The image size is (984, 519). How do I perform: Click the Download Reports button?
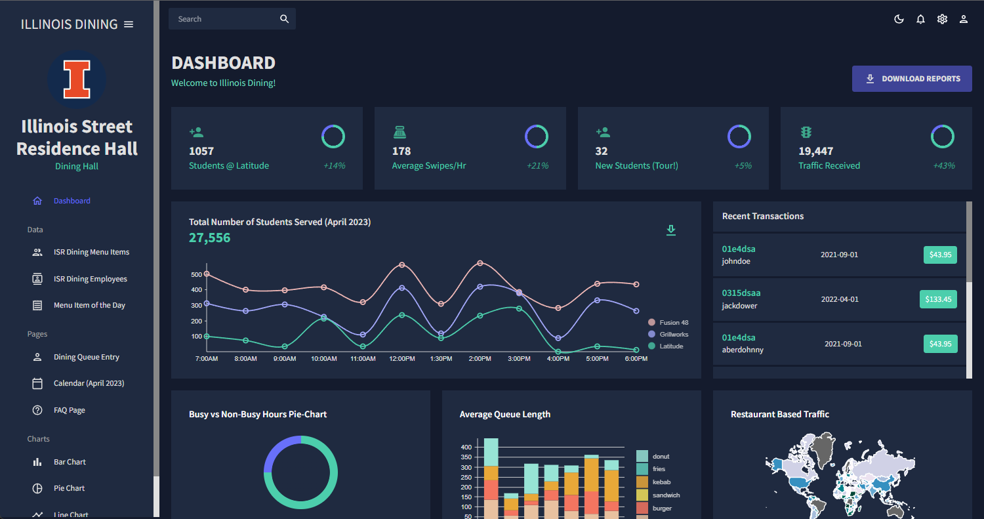(x=912, y=79)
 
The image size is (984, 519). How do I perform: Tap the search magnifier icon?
(x=284, y=19)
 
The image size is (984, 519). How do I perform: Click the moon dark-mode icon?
(x=899, y=19)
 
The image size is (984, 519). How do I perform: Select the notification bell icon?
(x=920, y=19)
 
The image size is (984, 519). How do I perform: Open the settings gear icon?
(x=942, y=19)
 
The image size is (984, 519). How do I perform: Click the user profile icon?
(x=964, y=19)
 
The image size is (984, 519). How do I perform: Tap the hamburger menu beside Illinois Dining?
(x=129, y=24)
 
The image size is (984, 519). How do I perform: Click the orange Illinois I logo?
(x=77, y=79)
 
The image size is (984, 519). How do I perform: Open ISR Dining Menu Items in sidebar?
(x=91, y=252)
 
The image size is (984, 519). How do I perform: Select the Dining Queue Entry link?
(x=86, y=357)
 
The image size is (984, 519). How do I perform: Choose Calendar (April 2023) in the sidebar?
(x=89, y=383)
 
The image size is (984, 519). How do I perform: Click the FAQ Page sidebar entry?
(x=69, y=410)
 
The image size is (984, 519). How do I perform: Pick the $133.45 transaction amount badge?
(x=938, y=299)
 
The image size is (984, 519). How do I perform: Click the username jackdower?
(x=741, y=306)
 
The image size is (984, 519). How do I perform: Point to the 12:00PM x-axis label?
(x=402, y=359)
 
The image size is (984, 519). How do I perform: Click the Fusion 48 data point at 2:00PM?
(x=480, y=263)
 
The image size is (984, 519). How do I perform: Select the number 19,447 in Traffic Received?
(x=815, y=151)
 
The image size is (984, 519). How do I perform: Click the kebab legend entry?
(x=661, y=482)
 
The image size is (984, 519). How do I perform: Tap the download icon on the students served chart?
(x=670, y=230)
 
